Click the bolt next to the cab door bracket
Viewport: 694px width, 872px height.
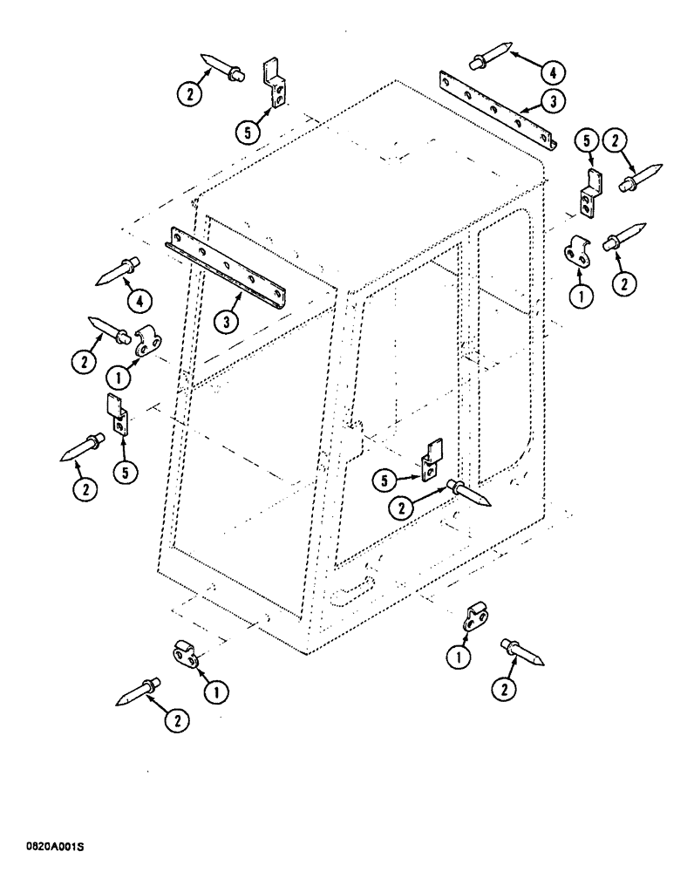click(x=467, y=493)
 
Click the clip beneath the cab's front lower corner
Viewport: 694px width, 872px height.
click(x=187, y=654)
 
